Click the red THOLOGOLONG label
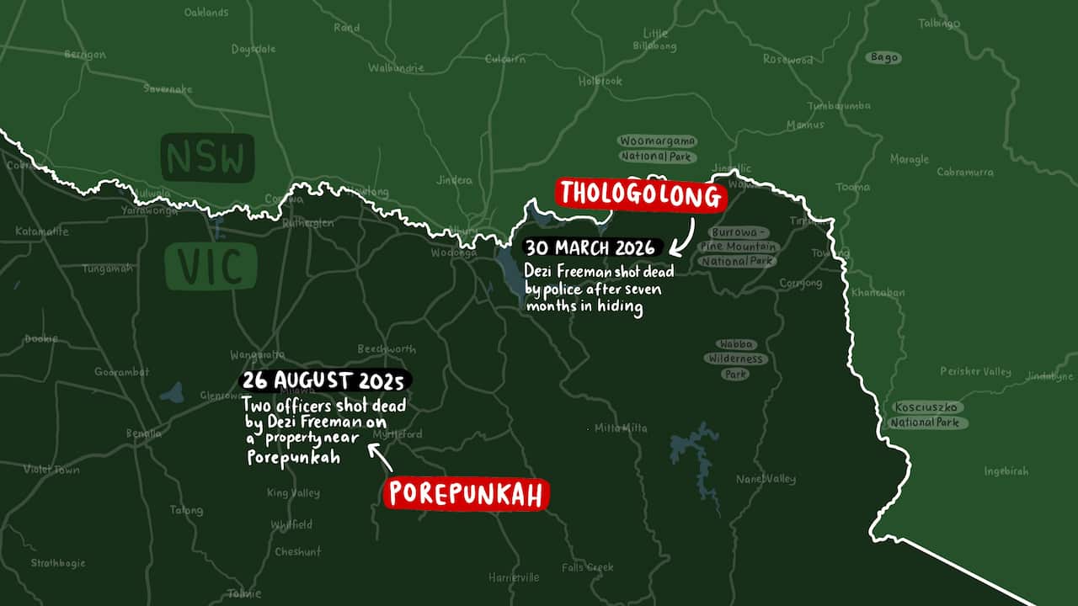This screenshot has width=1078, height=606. click(640, 195)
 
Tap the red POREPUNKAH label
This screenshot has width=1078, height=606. click(466, 494)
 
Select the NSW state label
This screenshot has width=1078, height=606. click(207, 158)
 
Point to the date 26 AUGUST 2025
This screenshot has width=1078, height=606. click(325, 381)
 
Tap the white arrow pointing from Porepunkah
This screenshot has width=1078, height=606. click(381, 458)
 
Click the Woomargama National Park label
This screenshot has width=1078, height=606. click(658, 148)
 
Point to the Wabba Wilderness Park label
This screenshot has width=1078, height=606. click(736, 359)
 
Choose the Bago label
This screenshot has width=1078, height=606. click(883, 58)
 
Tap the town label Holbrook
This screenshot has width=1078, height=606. click(600, 81)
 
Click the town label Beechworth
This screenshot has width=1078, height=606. click(387, 348)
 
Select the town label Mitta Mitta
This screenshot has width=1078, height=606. click(621, 428)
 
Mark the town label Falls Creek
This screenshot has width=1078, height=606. click(588, 567)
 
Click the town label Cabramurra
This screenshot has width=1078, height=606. click(965, 172)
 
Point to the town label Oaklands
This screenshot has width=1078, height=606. click(206, 13)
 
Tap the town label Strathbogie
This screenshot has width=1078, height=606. click(58, 562)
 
